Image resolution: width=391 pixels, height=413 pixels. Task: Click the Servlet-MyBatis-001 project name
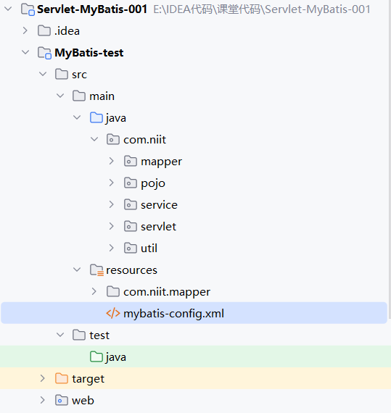click(92, 9)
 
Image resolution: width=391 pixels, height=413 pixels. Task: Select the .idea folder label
click(67, 31)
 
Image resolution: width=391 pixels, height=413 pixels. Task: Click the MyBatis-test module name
click(89, 53)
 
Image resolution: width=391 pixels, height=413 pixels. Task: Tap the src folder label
click(79, 75)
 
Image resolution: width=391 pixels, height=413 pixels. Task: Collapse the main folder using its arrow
click(60, 96)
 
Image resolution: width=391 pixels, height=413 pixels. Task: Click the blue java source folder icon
click(96, 117)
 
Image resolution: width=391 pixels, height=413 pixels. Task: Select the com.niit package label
click(145, 140)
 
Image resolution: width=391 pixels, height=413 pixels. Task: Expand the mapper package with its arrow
click(111, 161)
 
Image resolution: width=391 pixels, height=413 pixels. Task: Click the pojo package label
click(153, 183)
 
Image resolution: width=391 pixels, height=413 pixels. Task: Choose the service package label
click(159, 205)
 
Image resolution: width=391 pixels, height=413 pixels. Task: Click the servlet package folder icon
click(131, 226)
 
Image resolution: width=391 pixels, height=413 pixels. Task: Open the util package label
click(149, 248)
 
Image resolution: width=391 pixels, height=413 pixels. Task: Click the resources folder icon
click(96, 270)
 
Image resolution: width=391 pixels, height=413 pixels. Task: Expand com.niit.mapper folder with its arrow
click(94, 291)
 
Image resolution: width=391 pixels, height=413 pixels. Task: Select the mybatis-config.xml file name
click(174, 314)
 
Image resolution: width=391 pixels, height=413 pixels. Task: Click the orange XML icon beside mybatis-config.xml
click(113, 314)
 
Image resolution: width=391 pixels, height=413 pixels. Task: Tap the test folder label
click(99, 335)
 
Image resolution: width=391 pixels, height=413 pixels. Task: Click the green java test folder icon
click(96, 356)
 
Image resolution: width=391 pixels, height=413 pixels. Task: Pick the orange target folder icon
click(62, 378)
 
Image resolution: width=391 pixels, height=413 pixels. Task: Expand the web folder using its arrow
click(43, 400)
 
